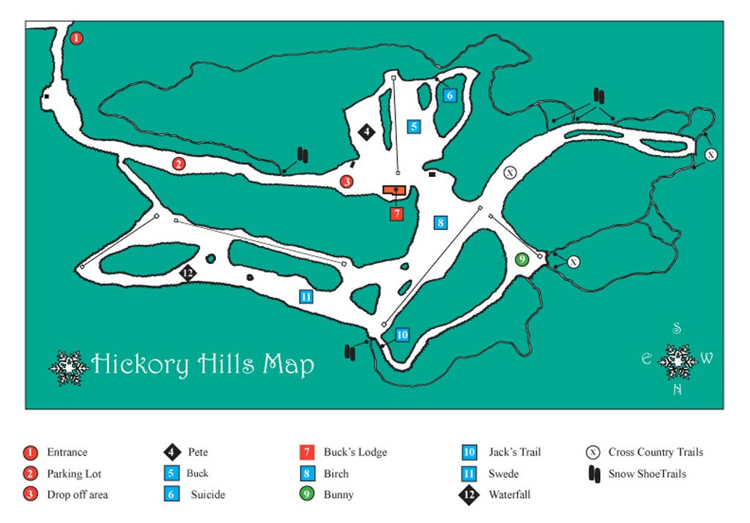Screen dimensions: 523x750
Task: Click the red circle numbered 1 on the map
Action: point(77,38)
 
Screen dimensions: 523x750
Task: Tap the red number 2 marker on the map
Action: point(178,164)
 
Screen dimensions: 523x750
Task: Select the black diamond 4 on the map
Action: point(366,132)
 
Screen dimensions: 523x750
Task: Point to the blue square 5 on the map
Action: point(415,127)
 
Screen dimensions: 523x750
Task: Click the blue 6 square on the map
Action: point(450,95)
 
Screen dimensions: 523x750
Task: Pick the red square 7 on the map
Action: point(396,214)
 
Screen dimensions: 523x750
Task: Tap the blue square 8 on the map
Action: point(440,222)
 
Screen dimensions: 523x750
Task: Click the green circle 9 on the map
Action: point(521,259)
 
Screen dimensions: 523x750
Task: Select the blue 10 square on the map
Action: point(402,335)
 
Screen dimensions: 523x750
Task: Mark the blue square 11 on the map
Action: point(306,296)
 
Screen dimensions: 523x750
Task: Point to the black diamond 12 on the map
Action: point(188,274)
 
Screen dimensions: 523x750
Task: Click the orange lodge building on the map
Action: point(394,190)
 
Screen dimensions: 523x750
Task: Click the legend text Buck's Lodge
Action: point(355,452)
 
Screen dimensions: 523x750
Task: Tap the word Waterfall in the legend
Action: point(509,494)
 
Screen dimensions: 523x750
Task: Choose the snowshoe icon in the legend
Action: point(594,474)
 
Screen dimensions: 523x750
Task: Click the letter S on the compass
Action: point(677,329)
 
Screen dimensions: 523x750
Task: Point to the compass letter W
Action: point(706,358)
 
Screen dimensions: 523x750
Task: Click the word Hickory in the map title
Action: point(140,364)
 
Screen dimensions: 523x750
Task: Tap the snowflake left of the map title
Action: point(68,367)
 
